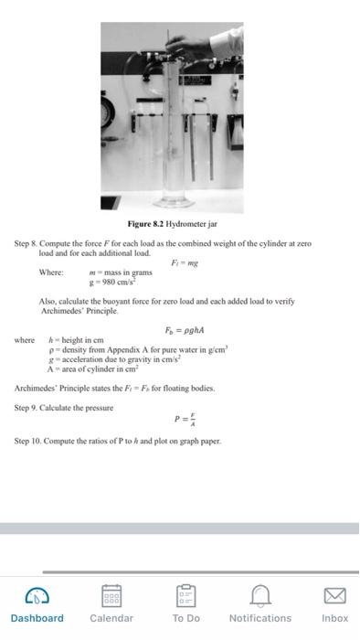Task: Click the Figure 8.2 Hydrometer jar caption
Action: [173, 224]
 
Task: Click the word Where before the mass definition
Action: [50, 272]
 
